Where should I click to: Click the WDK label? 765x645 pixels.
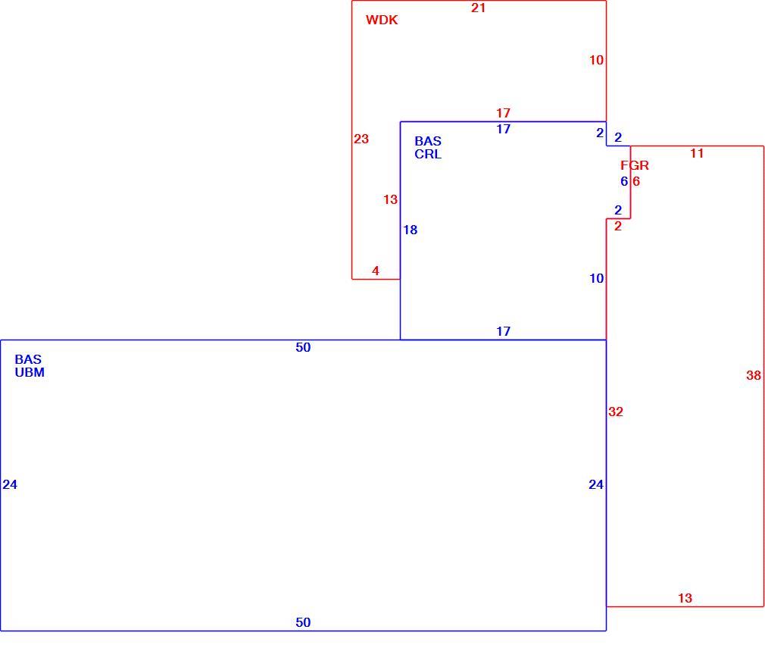382,20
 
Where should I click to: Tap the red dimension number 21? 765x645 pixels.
478,8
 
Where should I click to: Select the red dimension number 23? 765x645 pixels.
361,139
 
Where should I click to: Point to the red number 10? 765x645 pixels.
596,60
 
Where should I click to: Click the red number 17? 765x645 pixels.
503,113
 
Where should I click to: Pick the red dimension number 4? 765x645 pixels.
375,271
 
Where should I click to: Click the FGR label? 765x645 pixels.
635,165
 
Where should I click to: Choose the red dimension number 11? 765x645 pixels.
697,153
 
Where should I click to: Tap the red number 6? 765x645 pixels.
636,182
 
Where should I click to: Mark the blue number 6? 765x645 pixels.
624,182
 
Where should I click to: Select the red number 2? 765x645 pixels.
618,226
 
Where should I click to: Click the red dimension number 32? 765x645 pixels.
616,412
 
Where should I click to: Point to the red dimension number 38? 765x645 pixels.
754,375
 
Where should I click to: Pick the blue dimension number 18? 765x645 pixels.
411,230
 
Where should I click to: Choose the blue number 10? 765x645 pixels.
596,278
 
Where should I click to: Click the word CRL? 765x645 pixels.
428,155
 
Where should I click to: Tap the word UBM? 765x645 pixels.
30,373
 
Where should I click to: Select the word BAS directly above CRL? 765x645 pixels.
428,141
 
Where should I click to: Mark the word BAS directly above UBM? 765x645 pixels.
28,359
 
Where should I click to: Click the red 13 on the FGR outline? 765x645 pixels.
685,598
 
